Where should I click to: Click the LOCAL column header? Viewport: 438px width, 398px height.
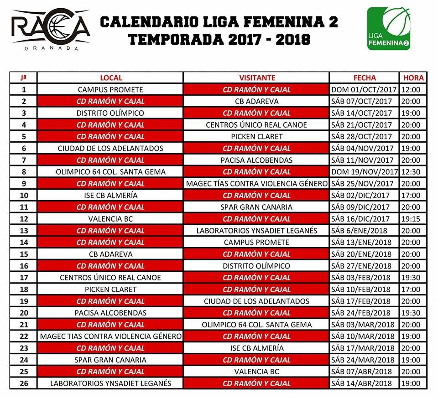pos(110,78)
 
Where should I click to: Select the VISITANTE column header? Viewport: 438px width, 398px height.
pos(256,78)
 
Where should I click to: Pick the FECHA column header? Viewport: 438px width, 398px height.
pos(365,78)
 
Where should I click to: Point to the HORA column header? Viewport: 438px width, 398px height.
pos(413,78)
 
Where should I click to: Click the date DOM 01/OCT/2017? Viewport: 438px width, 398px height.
pos(365,90)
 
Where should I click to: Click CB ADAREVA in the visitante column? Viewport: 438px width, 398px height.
pos(256,101)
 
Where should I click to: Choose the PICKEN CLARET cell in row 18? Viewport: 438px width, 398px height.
pos(110,289)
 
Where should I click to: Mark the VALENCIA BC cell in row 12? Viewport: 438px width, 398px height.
pos(110,219)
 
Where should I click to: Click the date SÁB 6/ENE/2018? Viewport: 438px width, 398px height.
pos(365,231)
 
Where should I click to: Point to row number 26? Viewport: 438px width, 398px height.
pos(24,383)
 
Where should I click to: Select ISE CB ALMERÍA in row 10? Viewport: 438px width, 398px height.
pos(110,196)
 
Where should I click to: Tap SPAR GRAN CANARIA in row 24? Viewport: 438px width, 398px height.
pos(110,360)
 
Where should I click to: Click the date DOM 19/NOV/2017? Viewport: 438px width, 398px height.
pos(365,172)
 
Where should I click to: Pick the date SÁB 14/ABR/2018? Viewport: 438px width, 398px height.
pos(365,383)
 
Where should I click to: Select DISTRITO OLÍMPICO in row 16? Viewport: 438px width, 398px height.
pos(256,266)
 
